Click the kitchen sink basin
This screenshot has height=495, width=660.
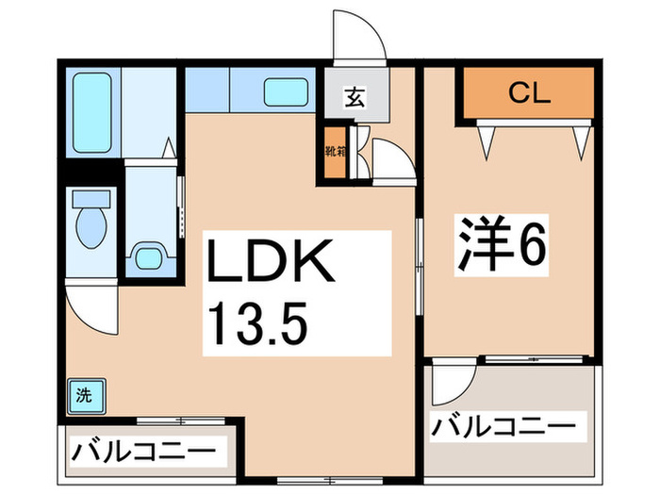pyautogui.click(x=284, y=92)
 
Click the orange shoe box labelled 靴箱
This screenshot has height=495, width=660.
pyautogui.click(x=333, y=151)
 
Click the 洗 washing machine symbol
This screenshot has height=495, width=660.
pyautogui.click(x=84, y=395)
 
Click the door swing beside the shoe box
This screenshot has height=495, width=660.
pyautogui.click(x=388, y=160)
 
